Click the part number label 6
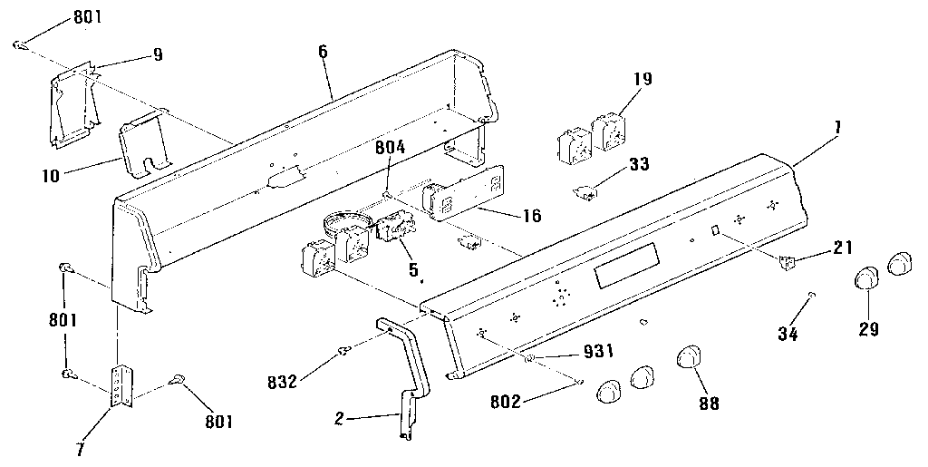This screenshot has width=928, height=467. [322, 51]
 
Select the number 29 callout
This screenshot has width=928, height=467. [869, 330]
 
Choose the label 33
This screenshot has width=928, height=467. [639, 164]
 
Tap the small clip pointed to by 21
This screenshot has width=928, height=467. [788, 263]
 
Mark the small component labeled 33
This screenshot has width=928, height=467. [586, 191]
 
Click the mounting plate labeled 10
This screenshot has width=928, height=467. [142, 145]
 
